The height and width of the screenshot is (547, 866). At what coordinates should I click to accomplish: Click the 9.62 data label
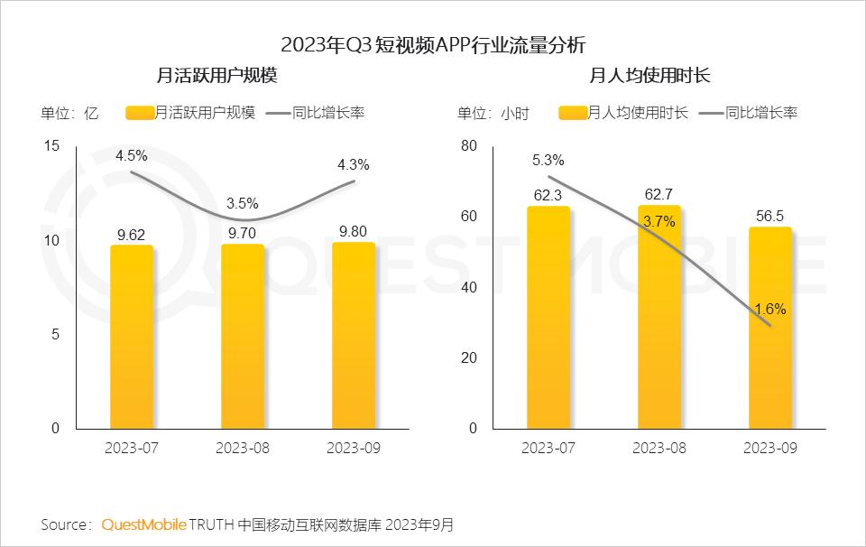[x=132, y=234]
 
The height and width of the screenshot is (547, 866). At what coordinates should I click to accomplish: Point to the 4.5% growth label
[x=132, y=156]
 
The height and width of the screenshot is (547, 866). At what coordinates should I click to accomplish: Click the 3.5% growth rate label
[x=243, y=203]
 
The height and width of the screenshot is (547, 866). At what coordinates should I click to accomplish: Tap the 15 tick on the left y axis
[x=51, y=146]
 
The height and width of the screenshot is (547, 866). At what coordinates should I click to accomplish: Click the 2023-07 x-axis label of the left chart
[x=132, y=449]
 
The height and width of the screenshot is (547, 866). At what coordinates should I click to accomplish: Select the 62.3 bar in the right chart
[x=548, y=317]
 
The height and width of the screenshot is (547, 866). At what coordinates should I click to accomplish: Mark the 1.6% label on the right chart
[x=770, y=309]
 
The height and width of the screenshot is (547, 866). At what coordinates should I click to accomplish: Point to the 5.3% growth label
[x=548, y=161]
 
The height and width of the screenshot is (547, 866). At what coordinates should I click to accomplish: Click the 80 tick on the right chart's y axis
[x=467, y=146]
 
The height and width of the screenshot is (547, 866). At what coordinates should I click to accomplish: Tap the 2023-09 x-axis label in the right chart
[x=770, y=449]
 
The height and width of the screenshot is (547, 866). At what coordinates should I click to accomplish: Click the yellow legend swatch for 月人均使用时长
[x=572, y=113]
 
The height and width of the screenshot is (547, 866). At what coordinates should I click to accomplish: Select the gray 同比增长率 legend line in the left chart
[x=279, y=113]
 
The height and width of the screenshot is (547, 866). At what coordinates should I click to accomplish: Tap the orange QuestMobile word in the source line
[x=144, y=524]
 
